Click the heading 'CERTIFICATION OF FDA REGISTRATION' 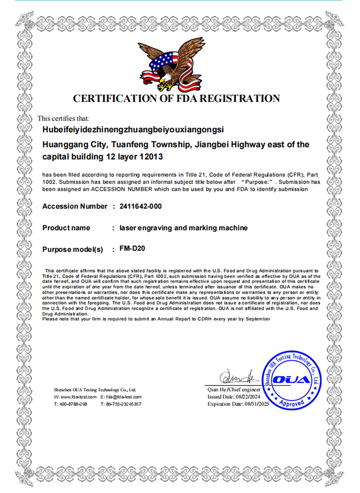[x=176, y=99]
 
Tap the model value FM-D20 [x=129, y=249]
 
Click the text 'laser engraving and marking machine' [x=183, y=228]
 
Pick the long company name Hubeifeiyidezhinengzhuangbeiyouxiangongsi [x=133, y=130]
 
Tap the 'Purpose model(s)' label [x=73, y=250]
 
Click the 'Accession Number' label [x=75, y=206]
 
